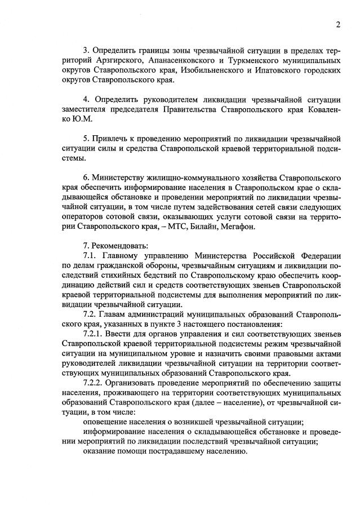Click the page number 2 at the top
point(337,24)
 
